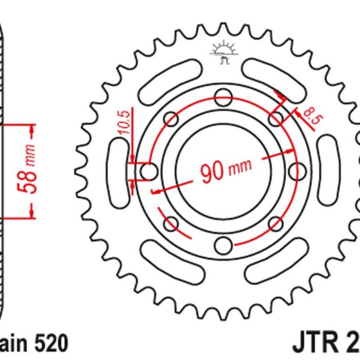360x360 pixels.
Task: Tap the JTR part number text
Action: click(x=326, y=343)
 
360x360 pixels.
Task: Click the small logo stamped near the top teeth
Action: click(x=222, y=53)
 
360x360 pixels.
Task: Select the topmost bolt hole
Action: click(x=223, y=96)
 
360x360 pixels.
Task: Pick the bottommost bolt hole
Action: click(x=223, y=246)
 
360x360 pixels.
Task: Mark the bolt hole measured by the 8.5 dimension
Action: click(x=275, y=118)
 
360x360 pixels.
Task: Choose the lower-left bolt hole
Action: click(x=170, y=224)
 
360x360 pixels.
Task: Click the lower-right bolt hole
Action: click(x=275, y=224)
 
